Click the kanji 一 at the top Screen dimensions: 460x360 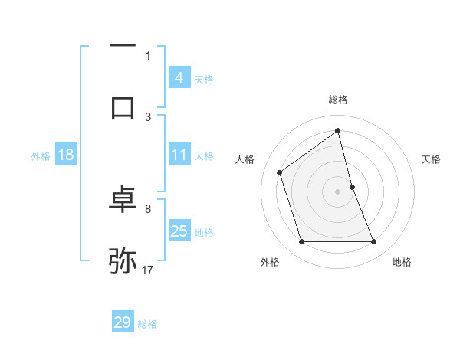coord(123,45)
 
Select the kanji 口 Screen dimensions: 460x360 coord(123,106)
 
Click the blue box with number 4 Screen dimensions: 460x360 coord(179,78)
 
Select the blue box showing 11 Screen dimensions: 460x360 coord(179,155)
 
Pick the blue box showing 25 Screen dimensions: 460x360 coord(179,231)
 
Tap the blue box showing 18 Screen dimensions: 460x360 coord(66,155)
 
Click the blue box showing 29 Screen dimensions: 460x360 coord(122,322)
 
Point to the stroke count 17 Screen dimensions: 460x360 coord(149,270)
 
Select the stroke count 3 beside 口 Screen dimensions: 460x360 coord(148,116)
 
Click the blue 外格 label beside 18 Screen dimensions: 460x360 coord(41,156)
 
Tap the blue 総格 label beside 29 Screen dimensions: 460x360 coord(147,324)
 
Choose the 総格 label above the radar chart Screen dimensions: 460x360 coord(338,100)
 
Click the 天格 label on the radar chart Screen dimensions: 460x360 coord(431,159)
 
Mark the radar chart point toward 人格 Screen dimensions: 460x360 coord(280,172)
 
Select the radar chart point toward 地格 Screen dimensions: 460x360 coord(374,242)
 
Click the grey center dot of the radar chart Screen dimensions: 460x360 coord(338,191)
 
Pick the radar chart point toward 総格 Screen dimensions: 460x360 coord(338,130)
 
